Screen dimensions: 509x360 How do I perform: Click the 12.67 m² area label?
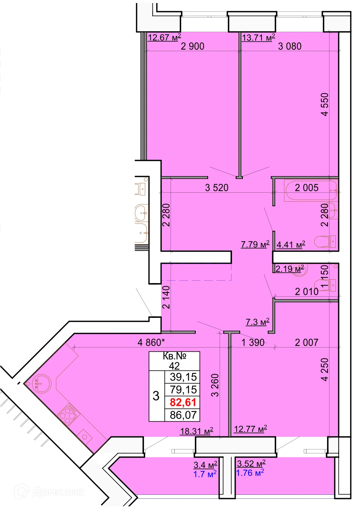point(164,38)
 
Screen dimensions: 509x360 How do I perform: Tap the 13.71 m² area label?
point(258,38)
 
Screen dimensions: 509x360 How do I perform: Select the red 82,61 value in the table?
point(183,403)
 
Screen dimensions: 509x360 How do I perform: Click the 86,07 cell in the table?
point(183,415)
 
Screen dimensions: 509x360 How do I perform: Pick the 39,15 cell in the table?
point(183,377)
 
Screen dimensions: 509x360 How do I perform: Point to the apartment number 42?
point(174,366)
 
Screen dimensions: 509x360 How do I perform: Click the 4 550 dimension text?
point(325,104)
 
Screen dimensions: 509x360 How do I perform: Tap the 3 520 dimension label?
point(217,188)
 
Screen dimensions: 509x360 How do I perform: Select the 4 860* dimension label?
point(151,343)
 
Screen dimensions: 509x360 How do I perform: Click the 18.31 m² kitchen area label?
point(197,431)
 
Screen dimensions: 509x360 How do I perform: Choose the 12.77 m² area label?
point(250,429)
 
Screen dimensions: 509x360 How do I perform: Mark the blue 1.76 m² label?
point(250,473)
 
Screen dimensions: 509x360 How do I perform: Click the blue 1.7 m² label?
point(205,474)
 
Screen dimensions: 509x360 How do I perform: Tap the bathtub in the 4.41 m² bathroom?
point(310,191)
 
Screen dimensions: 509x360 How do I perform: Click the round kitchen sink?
point(42,384)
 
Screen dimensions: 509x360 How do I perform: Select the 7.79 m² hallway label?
point(255,244)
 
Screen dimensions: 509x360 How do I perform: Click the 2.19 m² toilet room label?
point(290,269)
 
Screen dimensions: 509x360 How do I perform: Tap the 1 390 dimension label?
point(253,343)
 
